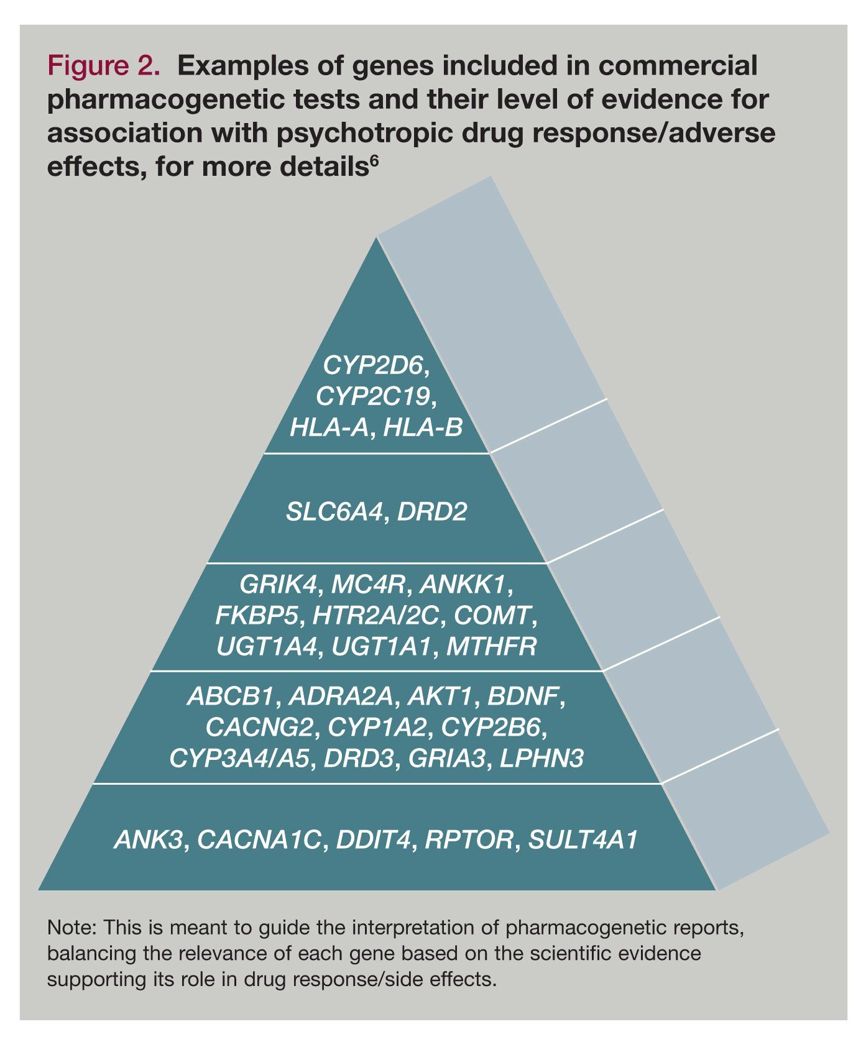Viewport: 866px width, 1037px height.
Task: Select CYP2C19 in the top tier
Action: pos(372,396)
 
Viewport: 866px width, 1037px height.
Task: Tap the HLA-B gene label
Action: pos(423,427)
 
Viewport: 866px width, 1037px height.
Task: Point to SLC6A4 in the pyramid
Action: pos(333,512)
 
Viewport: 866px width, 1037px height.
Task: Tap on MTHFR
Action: pos(491,647)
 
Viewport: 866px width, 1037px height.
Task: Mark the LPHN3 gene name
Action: pos(541,758)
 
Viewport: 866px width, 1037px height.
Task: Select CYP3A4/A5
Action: pos(239,758)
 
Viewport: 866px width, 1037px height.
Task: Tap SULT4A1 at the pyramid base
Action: pos(583,840)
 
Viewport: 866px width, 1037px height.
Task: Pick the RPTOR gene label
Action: pos(469,840)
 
